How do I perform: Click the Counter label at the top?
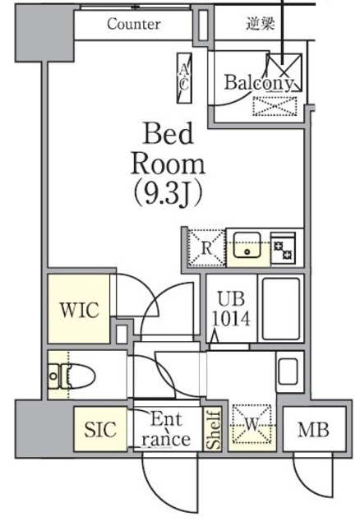[x=133, y=24]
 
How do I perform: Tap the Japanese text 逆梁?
[x=260, y=24]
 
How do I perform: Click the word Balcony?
[x=259, y=82]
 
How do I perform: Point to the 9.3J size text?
[x=168, y=194]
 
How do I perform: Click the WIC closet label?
[x=79, y=310]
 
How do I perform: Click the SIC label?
[x=100, y=428]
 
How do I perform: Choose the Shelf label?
[x=213, y=429]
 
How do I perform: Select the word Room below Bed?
[x=168, y=163]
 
